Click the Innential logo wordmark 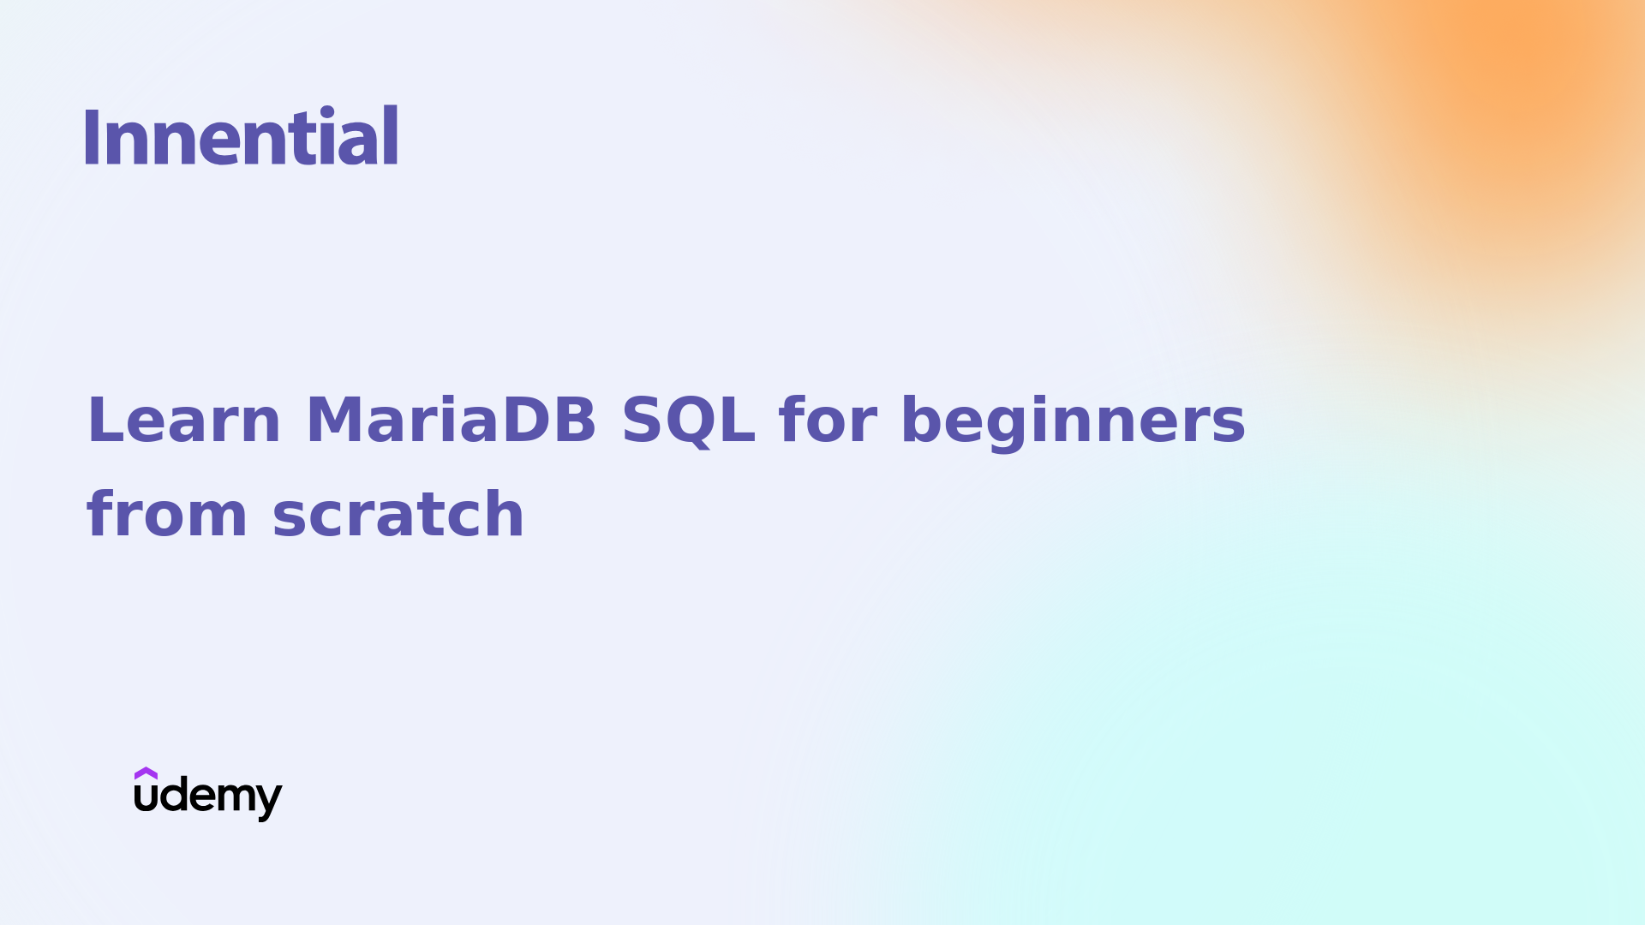[241, 135]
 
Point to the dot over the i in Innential [327, 111]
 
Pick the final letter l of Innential [391, 135]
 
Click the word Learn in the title [183, 421]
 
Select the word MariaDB [451, 421]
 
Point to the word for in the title [828, 421]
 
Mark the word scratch [398, 515]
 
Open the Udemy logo [207, 795]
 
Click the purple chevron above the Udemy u [146, 773]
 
